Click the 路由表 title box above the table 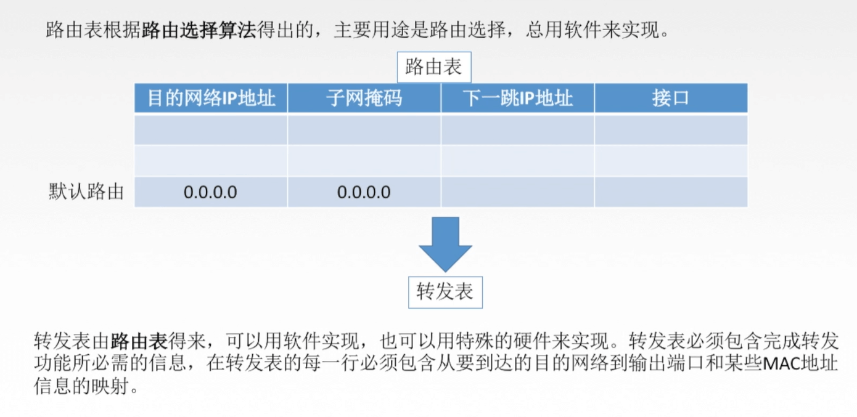click(433, 67)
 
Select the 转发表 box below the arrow click(445, 292)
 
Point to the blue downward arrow click(445, 243)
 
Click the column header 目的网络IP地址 click(211, 98)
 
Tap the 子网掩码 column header click(364, 98)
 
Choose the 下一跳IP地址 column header click(517, 98)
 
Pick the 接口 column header click(670, 98)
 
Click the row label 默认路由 click(86, 192)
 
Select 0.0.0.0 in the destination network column click(210, 192)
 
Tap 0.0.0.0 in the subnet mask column click(364, 192)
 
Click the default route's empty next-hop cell click(517, 192)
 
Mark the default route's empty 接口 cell click(671, 192)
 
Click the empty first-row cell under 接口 click(671, 129)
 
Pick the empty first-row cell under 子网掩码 click(364, 129)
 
